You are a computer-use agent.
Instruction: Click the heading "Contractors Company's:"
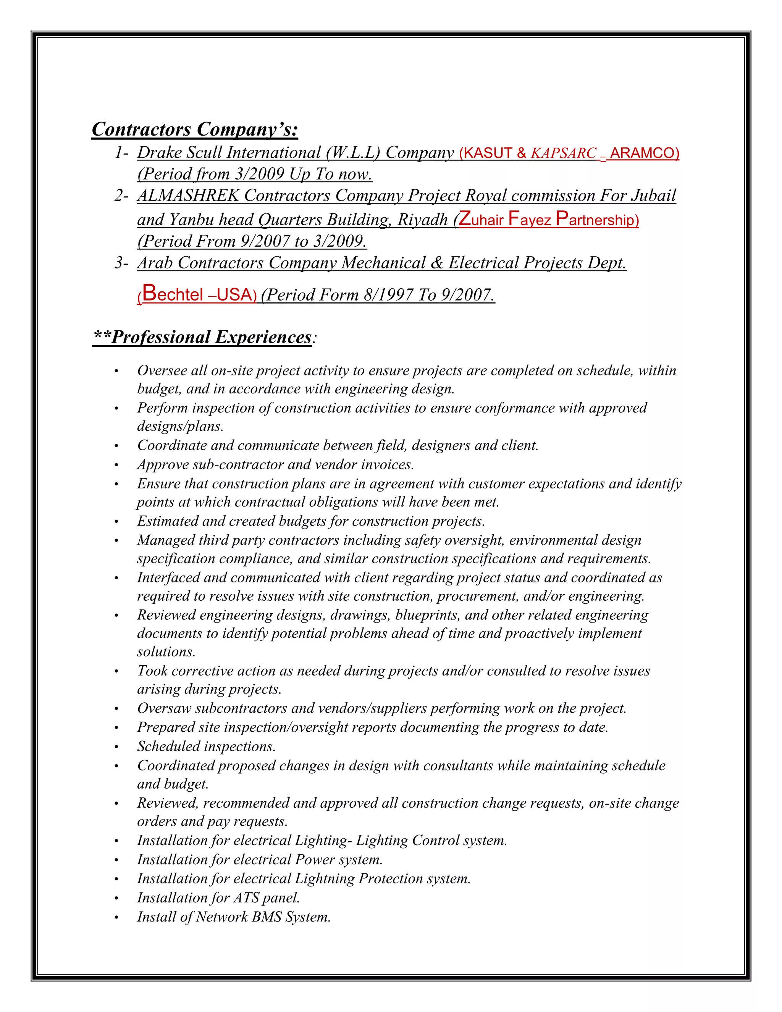tap(195, 129)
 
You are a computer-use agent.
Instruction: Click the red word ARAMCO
tap(643, 153)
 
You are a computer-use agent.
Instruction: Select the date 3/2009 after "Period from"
tap(259, 174)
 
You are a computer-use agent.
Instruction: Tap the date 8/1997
tap(389, 295)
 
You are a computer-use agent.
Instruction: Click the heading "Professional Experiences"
tap(211, 337)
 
